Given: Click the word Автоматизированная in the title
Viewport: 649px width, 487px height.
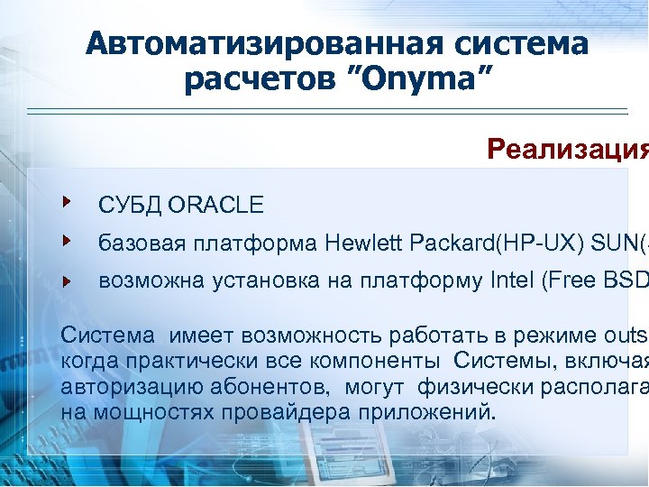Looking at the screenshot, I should [251, 42].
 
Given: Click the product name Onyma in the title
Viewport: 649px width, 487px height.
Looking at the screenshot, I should [417, 80].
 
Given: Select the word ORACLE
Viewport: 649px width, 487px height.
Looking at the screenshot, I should [215, 206].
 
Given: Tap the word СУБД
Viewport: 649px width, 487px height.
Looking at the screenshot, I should [129, 206].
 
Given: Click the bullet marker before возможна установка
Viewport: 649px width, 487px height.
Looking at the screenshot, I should [66, 280].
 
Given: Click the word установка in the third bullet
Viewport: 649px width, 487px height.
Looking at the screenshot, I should [263, 281].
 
